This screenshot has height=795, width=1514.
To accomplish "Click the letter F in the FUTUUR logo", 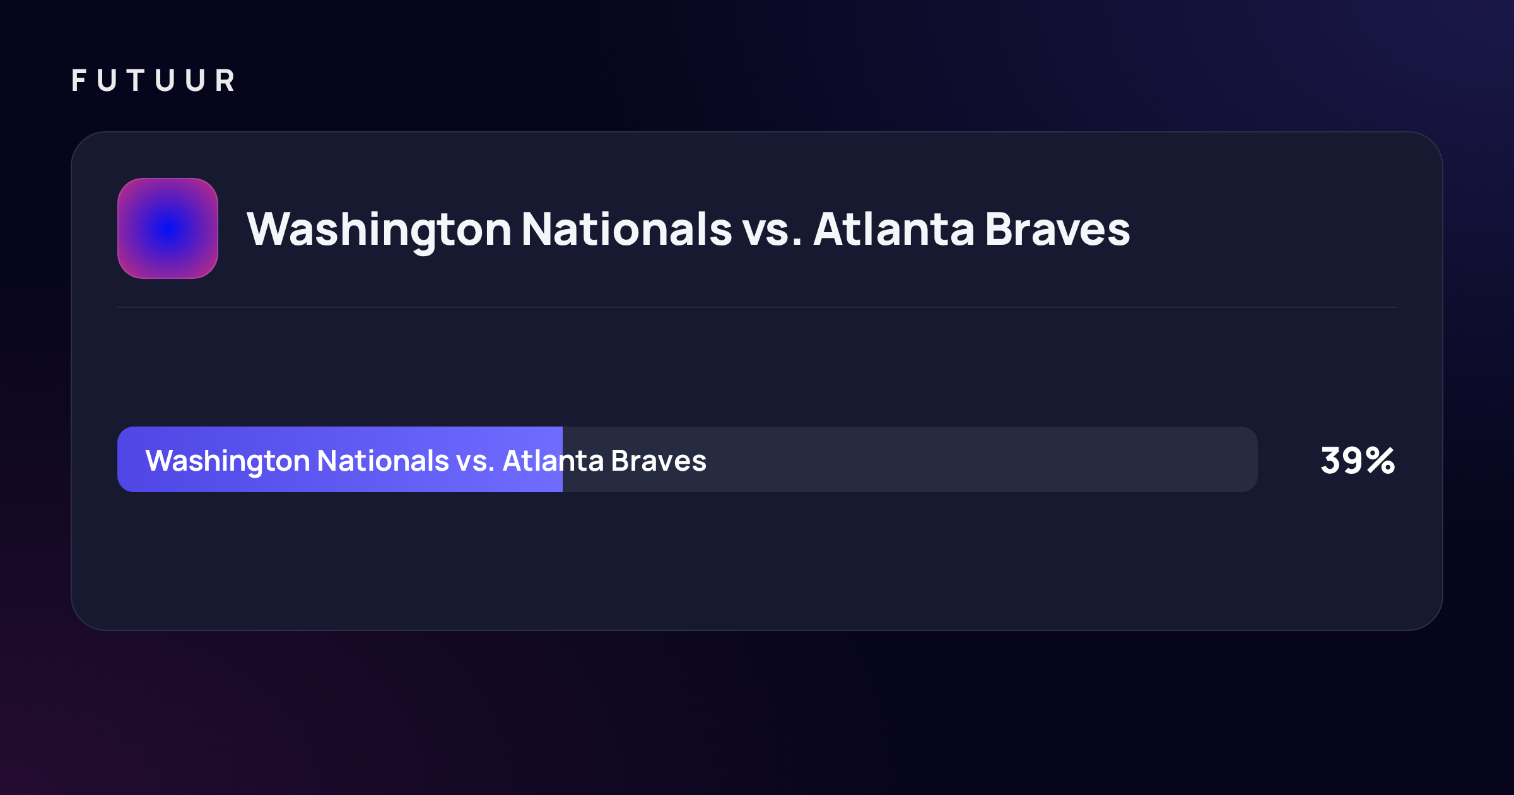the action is (x=79, y=80).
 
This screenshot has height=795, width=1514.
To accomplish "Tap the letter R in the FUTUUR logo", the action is (x=225, y=80).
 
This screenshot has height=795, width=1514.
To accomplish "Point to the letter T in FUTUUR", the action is (x=136, y=80).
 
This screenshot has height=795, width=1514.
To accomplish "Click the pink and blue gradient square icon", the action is (x=168, y=228).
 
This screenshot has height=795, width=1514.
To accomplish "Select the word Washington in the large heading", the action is (x=379, y=230).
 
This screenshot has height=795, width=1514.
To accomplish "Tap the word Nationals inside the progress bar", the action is (x=383, y=461).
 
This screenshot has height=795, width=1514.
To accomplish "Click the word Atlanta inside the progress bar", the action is (x=553, y=461).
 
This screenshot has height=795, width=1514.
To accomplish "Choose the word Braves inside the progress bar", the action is (x=659, y=461).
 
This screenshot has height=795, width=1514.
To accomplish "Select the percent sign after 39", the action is (x=1381, y=461).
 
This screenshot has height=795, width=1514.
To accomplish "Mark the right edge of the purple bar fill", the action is (x=562, y=459).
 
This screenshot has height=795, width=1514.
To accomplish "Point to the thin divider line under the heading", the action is (x=757, y=307).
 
